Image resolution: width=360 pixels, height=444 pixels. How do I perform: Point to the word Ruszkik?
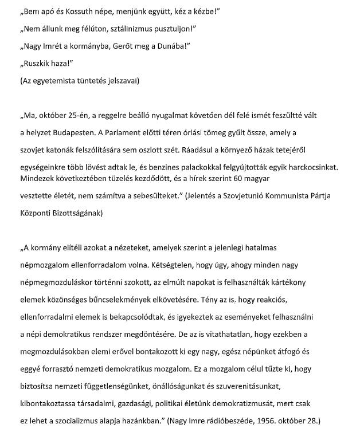coord(36,64)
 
